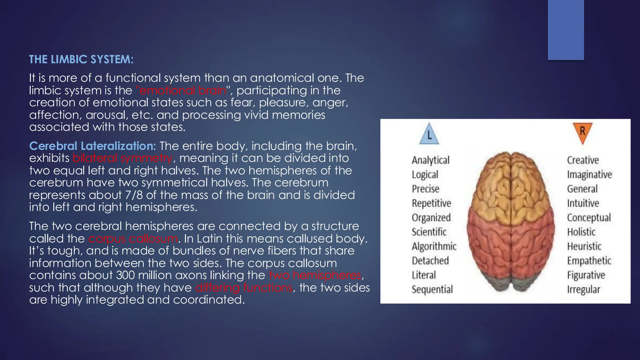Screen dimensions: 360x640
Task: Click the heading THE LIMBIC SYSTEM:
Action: pos(81,59)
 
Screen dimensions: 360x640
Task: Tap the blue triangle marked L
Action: pos(429,135)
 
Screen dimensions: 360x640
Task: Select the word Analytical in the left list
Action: pos(430,160)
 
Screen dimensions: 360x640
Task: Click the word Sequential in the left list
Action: pos(432,289)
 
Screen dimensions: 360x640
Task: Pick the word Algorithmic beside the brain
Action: pos(434,246)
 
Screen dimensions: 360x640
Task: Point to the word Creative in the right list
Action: pos(583,160)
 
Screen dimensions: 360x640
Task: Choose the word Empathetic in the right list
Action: pos(589,261)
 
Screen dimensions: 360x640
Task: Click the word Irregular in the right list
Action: pos(583,289)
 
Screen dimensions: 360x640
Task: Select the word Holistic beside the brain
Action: pos(581,232)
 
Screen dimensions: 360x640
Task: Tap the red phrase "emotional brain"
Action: pos(181,90)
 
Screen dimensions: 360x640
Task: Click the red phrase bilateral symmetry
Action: pos(122,158)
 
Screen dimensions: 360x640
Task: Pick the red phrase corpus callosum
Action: pos(133,239)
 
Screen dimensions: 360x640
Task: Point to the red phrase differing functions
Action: pos(244,287)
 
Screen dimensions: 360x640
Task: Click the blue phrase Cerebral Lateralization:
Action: pos(92,146)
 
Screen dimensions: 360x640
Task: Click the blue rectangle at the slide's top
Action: pos(566,30)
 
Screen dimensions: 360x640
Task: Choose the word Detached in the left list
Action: pos(430,261)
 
